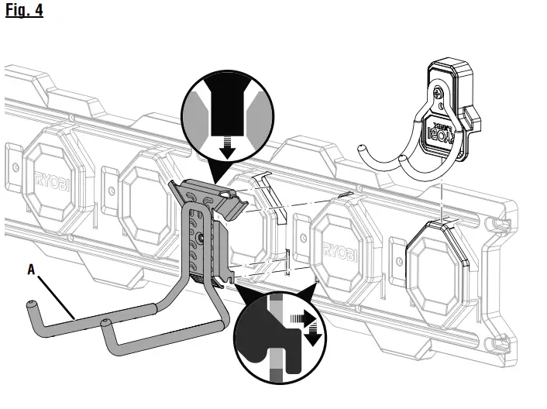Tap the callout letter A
[x=30, y=270]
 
